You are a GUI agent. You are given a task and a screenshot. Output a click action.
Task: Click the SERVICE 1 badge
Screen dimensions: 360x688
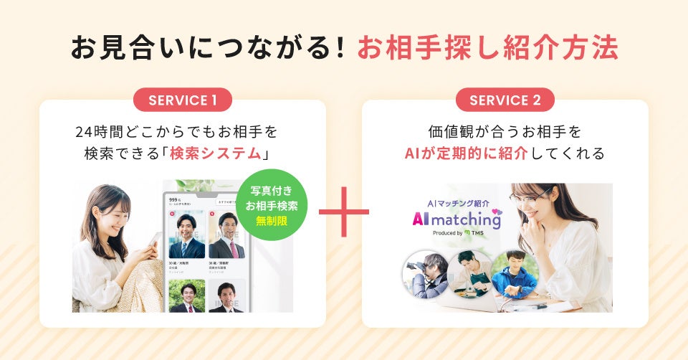(183, 100)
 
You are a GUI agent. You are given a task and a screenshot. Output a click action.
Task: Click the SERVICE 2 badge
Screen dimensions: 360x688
(505, 100)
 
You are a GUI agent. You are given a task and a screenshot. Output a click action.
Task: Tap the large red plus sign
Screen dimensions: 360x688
(344, 212)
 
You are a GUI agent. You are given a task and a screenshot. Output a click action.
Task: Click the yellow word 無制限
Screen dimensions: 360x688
(272, 220)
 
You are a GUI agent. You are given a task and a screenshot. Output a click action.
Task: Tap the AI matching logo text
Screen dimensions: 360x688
(456, 219)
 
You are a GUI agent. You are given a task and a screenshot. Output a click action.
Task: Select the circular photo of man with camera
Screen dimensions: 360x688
(426, 274)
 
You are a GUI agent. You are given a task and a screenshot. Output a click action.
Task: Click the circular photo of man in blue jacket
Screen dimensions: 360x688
(515, 273)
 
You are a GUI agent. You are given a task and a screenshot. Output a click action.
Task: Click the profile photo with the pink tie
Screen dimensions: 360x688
(226, 236)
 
